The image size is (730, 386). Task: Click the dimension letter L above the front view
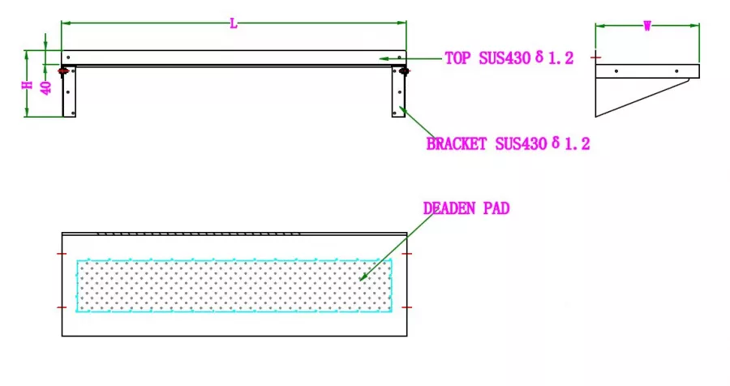[x=234, y=24]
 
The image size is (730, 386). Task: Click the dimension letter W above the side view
[x=647, y=26]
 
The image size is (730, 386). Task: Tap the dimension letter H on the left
[x=28, y=85]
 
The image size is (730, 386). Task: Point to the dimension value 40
[x=46, y=88]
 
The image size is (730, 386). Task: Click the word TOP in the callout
[x=457, y=58]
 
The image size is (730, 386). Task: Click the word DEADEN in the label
[x=449, y=208]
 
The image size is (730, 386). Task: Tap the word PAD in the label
[x=496, y=208]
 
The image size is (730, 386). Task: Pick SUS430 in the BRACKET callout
[x=521, y=144]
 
